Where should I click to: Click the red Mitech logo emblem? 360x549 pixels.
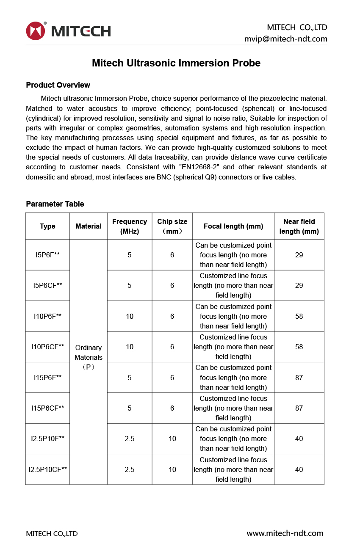tap(35, 31)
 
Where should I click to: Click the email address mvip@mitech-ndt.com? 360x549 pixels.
tap(285, 39)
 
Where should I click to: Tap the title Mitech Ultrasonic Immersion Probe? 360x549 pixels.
tap(176, 63)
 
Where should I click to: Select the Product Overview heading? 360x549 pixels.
tap(58, 85)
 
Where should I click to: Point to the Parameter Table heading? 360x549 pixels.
tap(55, 204)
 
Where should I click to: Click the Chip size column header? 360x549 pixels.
tap(172, 226)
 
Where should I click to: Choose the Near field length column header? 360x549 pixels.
tap(299, 226)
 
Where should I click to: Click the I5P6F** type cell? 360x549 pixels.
tap(47, 255)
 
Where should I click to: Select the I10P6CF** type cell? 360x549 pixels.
tap(47, 347)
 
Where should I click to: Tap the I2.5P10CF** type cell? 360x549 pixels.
tap(47, 469)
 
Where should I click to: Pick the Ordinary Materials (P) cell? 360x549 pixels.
tap(88, 357)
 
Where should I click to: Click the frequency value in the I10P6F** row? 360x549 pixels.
tap(130, 316)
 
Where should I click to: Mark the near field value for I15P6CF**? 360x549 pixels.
tap(299, 408)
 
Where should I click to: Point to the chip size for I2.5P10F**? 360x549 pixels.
tap(172, 439)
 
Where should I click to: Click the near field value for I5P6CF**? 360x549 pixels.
tap(299, 285)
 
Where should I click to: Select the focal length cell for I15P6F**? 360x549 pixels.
tap(233, 378)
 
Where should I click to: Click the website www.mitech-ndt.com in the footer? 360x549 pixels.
tap(285, 533)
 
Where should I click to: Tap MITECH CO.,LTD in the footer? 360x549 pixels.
tap(52, 534)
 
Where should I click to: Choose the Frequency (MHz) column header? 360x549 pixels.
tap(130, 226)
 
